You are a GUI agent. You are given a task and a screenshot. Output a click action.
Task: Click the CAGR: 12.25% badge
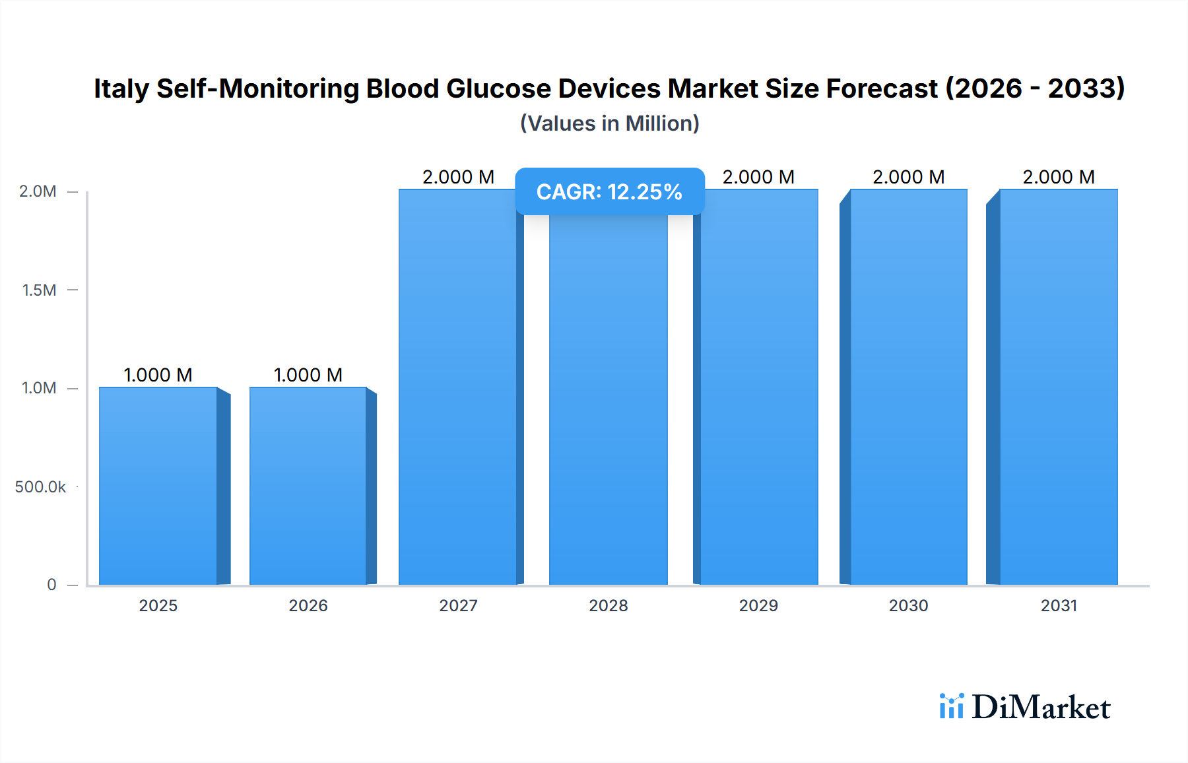609,192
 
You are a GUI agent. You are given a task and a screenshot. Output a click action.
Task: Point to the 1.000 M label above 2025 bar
158,375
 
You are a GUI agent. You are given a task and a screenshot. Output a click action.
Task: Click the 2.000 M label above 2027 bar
458,177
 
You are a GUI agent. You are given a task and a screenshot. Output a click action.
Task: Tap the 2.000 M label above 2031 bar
1059,177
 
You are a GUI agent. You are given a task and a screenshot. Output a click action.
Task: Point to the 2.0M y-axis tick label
38,191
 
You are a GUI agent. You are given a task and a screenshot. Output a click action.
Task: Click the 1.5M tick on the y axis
39,290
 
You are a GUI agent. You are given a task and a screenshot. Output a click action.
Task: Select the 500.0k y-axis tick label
40,487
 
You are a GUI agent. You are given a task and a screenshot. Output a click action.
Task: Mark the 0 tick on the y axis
51,585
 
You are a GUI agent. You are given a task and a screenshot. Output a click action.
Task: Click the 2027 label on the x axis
458,605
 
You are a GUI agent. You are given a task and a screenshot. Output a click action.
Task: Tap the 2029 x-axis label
758,605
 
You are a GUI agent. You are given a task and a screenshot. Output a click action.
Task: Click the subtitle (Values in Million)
609,123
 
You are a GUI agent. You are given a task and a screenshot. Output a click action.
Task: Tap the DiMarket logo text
1041,708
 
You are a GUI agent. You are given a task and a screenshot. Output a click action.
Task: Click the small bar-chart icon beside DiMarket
951,706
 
